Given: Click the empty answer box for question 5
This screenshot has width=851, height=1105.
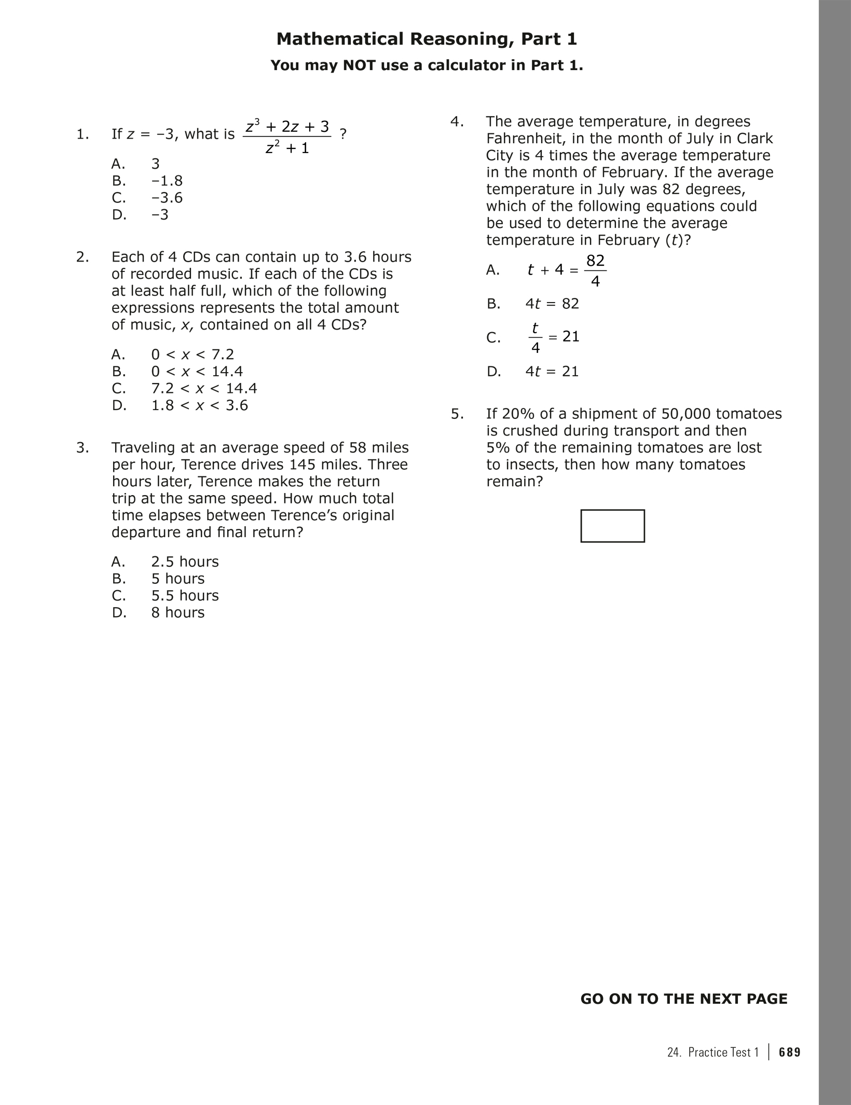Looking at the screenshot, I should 612,526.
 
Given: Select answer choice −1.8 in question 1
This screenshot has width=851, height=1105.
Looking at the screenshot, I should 167,181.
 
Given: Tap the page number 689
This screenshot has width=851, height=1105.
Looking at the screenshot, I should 790,1052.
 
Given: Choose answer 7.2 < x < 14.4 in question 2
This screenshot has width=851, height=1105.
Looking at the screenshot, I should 204,388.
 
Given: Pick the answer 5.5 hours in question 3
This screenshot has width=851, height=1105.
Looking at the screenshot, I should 185,595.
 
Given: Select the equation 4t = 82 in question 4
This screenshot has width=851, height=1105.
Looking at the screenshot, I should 552,304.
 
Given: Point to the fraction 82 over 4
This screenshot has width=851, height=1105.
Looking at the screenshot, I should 595,270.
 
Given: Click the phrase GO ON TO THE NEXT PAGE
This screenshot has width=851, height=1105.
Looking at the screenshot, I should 683,999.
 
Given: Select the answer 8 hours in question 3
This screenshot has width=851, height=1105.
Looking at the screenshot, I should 177,612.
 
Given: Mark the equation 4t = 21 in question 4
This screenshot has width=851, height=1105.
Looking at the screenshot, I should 552,371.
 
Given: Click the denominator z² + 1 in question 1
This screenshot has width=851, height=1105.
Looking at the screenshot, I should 287,148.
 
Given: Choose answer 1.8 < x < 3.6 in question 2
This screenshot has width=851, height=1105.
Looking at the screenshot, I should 199,405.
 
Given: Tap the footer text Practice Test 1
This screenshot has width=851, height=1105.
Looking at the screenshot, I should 723,1052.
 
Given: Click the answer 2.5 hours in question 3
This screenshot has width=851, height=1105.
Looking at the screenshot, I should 185,562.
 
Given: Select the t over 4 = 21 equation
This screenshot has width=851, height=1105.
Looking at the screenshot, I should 553,337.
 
